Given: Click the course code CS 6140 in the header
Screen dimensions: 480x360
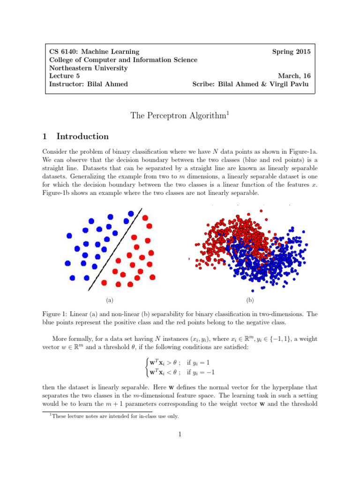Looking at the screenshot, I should coord(63,52).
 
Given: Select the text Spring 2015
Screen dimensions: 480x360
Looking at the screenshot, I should coord(291,52).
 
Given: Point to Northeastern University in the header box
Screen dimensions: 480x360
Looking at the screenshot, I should coord(88,68).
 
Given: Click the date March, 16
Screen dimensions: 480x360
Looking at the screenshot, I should coord(294,76).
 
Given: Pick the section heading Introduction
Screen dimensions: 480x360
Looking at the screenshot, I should coord(82,136).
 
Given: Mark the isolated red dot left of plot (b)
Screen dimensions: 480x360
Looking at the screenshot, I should coord(189,258).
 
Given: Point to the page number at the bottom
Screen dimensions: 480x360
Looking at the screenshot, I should coord(180,434).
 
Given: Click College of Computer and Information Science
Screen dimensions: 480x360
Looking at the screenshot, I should coord(123,60).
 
